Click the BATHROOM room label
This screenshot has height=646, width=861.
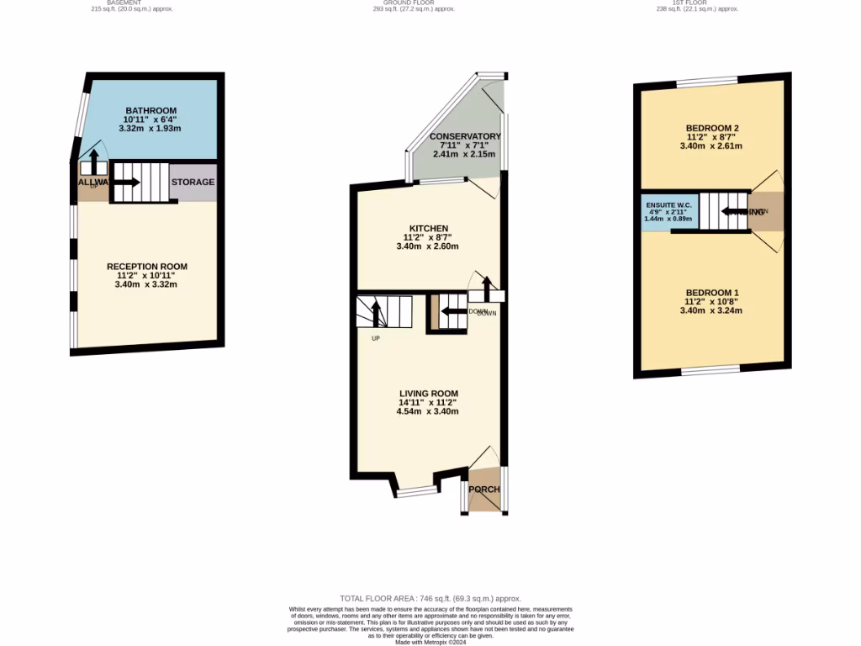tap(151, 111)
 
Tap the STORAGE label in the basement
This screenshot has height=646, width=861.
tap(193, 182)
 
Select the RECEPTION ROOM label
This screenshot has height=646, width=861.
tap(147, 267)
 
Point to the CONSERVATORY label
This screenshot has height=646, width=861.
tap(465, 136)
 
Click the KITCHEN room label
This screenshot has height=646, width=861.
tap(429, 229)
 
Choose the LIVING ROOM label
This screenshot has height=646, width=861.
tap(429, 393)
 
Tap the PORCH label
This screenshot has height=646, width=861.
tap(484, 490)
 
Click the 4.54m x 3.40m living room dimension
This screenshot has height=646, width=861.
tap(429, 411)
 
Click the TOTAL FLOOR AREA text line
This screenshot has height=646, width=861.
tap(430, 596)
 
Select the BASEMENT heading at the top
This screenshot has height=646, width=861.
tap(124, 3)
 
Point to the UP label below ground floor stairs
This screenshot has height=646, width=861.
tap(375, 339)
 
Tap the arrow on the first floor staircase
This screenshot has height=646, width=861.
tap(732, 212)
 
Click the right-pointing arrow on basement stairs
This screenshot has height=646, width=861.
tap(128, 180)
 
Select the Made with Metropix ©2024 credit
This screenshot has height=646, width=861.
tap(430, 642)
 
